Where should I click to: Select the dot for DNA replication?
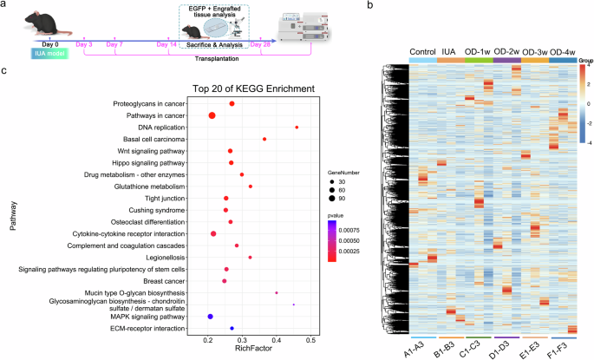click(x=297, y=128)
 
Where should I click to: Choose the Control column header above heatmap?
click(x=422, y=49)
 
